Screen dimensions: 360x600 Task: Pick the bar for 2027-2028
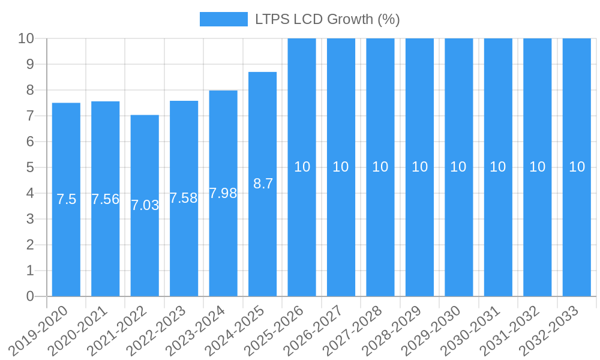tap(380, 228)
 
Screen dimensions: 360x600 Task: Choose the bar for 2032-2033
tap(577, 228)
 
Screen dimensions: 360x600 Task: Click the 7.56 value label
tap(106, 199)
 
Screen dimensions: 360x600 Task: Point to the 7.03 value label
tap(145, 205)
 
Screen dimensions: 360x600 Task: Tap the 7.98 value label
tap(223, 193)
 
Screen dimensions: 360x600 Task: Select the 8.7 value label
tap(263, 184)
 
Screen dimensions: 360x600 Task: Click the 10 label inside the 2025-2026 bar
tap(302, 167)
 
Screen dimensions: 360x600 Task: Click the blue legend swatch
tap(223, 19)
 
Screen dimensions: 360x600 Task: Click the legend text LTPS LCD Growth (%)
tap(327, 19)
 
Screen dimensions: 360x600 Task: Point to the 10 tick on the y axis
tap(26, 38)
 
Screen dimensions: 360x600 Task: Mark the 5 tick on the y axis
tap(30, 167)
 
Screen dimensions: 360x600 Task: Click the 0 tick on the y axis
tap(30, 296)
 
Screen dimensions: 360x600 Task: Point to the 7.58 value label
tap(184, 198)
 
